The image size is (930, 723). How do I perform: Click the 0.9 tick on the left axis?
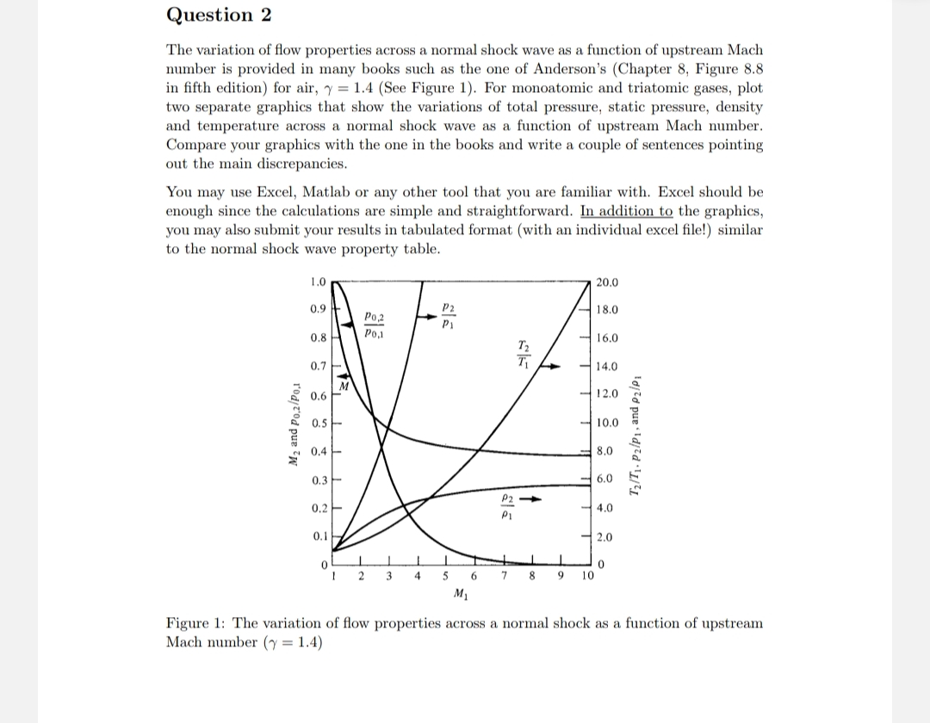[318, 309]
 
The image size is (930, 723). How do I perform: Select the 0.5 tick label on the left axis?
[318, 423]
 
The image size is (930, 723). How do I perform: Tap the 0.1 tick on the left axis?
[318, 535]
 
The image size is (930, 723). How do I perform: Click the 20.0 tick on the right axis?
[606, 281]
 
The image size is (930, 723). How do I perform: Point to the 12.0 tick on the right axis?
[606, 394]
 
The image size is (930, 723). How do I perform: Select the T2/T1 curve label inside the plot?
[523, 353]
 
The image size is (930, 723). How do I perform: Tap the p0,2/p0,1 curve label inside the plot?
[375, 324]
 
